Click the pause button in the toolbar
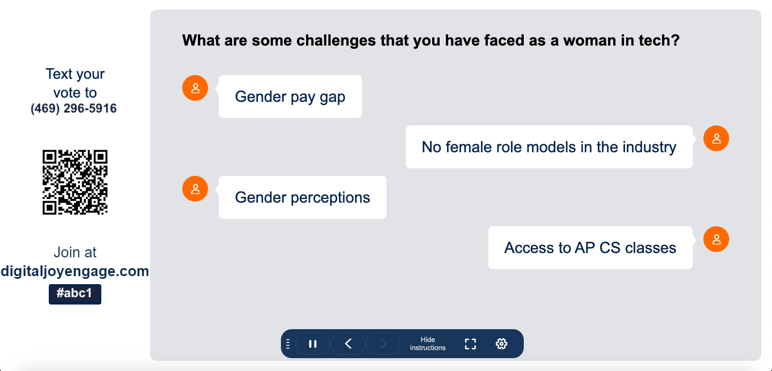(x=313, y=344)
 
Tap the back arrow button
(x=348, y=344)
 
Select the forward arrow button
(x=383, y=344)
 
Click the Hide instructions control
(x=428, y=344)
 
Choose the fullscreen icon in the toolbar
(x=471, y=344)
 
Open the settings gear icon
(x=501, y=344)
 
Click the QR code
(x=75, y=182)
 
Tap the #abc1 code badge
(x=75, y=294)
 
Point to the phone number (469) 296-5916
(x=74, y=109)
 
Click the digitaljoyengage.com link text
(x=75, y=271)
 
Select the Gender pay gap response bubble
(x=290, y=97)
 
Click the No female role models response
(x=549, y=147)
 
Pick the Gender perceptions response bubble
(x=302, y=197)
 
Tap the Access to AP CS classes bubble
(x=590, y=248)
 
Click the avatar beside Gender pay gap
(x=195, y=88)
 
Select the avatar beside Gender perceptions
(x=195, y=189)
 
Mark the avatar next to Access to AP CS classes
(x=716, y=239)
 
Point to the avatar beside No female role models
(x=716, y=138)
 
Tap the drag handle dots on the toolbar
(x=288, y=344)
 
